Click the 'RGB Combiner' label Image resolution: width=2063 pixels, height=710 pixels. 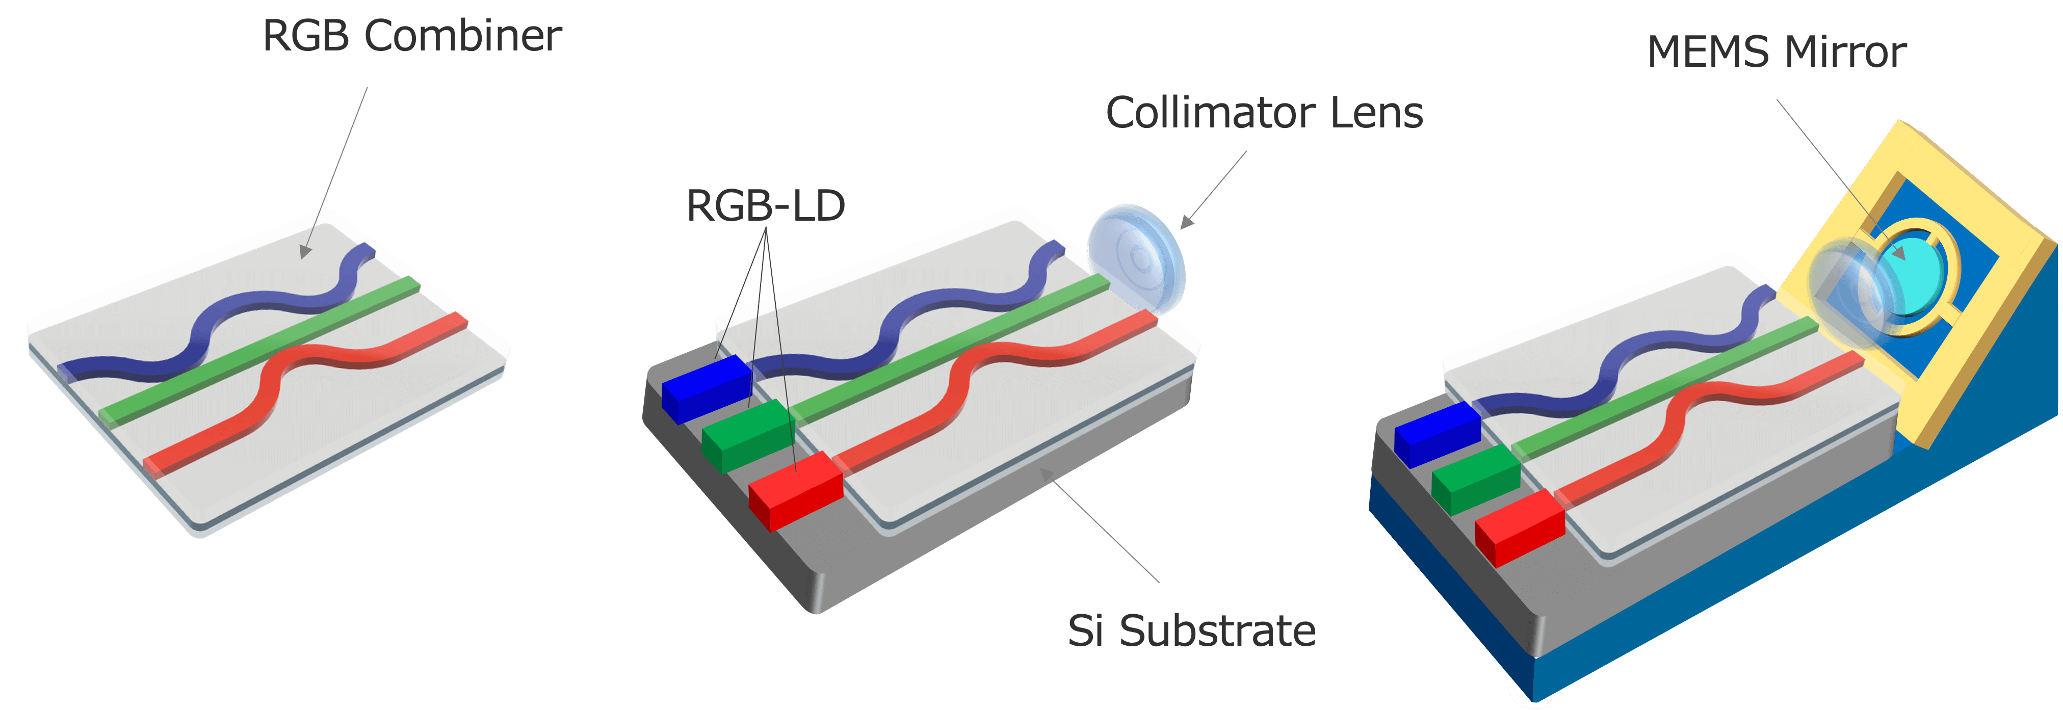412,36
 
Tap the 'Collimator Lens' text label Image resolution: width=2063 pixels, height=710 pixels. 1264,113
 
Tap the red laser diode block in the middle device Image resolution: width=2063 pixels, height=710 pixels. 795,490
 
